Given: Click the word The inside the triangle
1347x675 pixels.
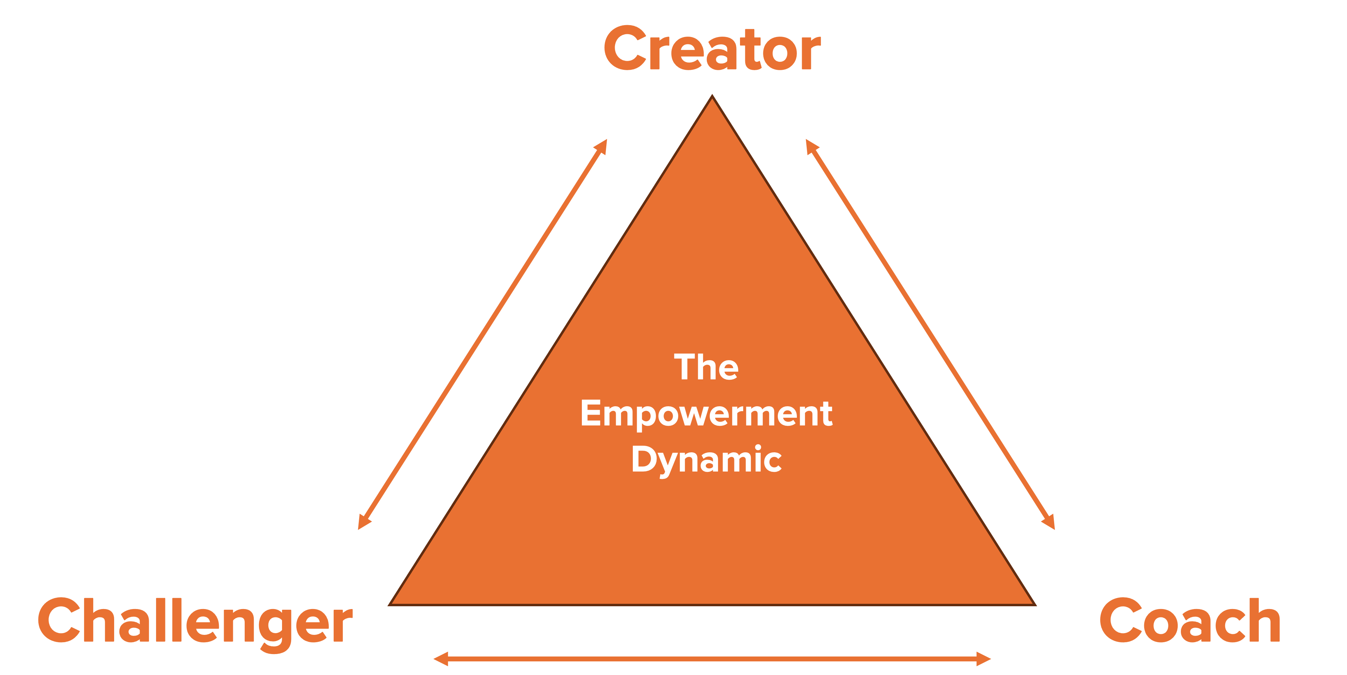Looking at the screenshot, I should pos(706,367).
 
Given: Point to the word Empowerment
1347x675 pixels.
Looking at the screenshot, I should pos(706,414).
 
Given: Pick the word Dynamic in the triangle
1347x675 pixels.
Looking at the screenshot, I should pos(706,460).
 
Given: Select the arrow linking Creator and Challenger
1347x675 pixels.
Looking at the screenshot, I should pos(482,335).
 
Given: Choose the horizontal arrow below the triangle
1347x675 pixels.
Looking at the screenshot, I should pos(712,659).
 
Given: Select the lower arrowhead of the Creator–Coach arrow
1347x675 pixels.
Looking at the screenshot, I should pos(1050,523).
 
